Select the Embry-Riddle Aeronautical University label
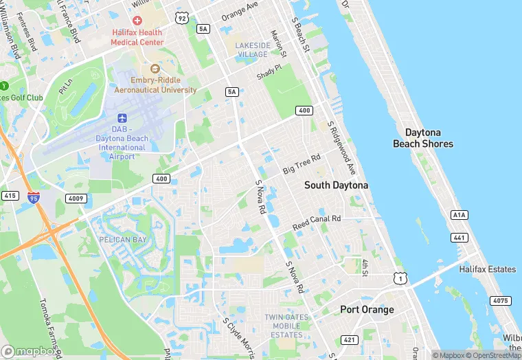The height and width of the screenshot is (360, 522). click(155, 85)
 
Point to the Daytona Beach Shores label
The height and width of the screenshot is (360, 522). click(422, 138)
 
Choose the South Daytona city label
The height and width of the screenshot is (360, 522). click(336, 185)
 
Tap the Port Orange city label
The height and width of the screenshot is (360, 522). click(367, 310)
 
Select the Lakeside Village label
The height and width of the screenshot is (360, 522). click(251, 49)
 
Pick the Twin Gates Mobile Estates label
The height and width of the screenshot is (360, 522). click(284, 326)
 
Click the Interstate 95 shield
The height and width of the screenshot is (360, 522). click(34, 198)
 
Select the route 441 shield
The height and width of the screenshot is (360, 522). click(459, 238)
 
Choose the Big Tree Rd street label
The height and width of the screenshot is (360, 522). click(302, 165)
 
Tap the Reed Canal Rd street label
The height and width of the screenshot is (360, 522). click(317, 222)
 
